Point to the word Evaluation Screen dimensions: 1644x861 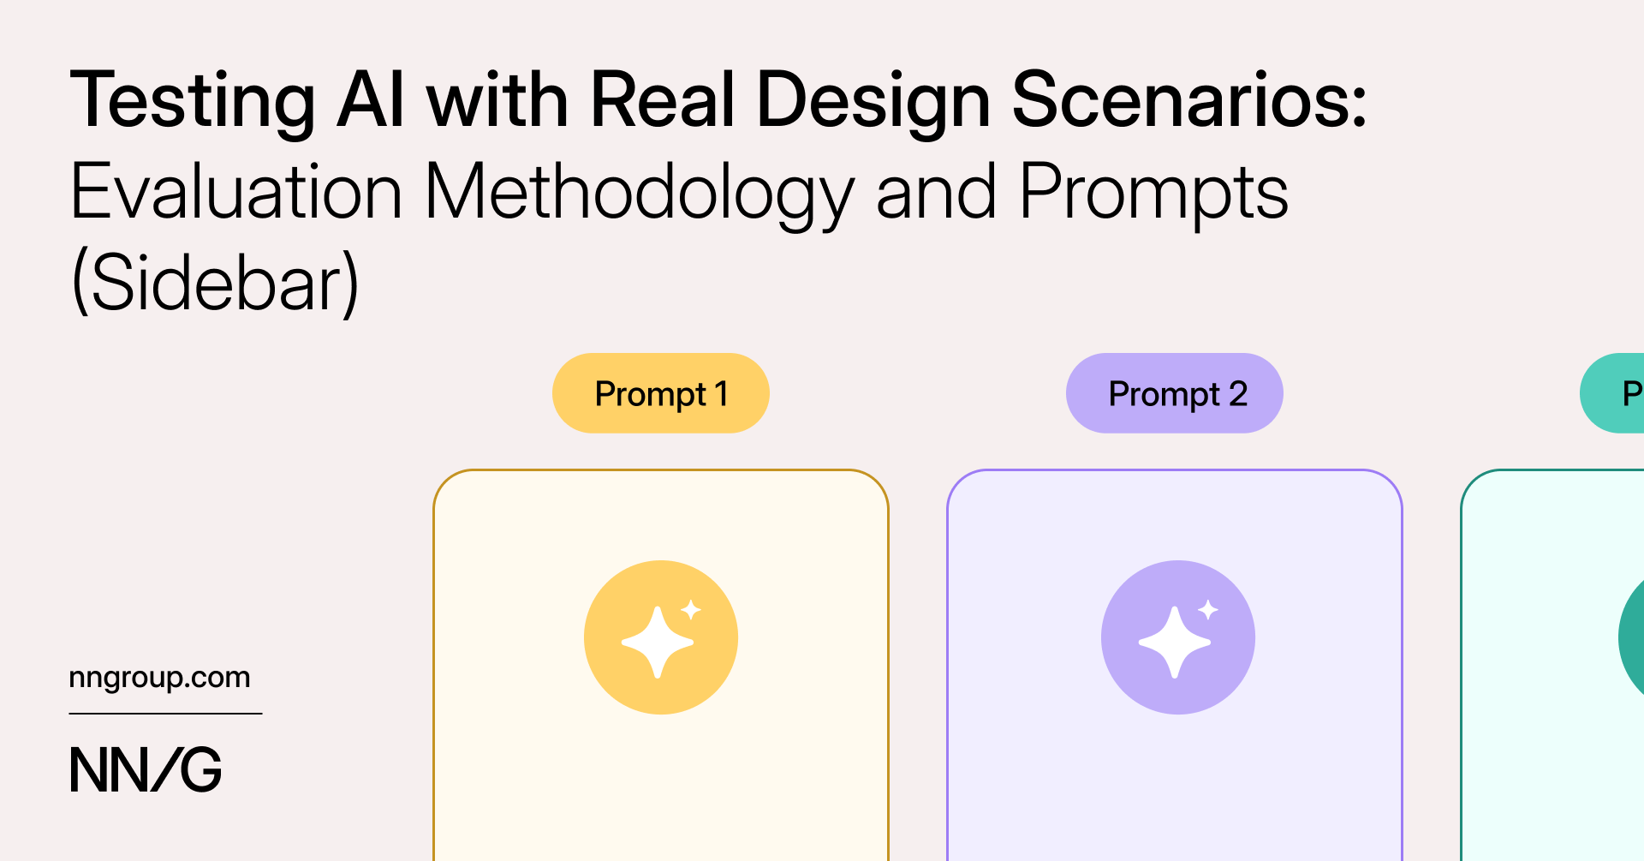click(x=236, y=191)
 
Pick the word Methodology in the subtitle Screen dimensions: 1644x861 click(x=640, y=196)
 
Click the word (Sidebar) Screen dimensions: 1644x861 click(x=215, y=284)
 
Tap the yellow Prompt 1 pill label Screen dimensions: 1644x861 click(x=661, y=393)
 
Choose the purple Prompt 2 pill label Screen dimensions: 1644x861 click(x=1175, y=393)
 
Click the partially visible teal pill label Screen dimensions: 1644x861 click(x=1612, y=393)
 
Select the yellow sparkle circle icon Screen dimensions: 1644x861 click(x=661, y=637)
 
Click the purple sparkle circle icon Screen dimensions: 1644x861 click(x=1178, y=637)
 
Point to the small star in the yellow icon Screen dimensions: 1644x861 click(x=691, y=610)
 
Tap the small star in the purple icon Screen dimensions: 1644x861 click(x=1208, y=610)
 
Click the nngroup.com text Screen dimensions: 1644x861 click(x=159, y=679)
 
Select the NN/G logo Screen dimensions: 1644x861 click(x=146, y=769)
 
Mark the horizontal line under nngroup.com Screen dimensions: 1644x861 click(x=165, y=714)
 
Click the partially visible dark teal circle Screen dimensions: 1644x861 click(x=1632, y=637)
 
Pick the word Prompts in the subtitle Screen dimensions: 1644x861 click(x=1153, y=196)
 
